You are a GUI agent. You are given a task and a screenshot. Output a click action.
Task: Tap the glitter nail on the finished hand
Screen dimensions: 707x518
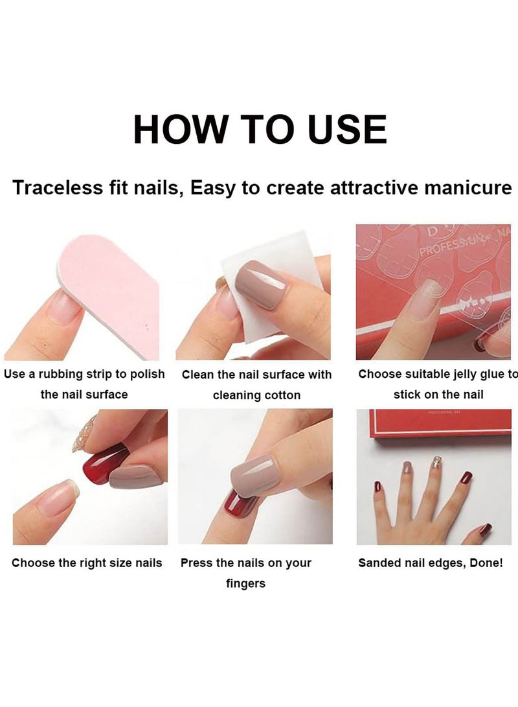[436, 462]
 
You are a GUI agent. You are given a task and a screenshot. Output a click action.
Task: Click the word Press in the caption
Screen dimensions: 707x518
[196, 562]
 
